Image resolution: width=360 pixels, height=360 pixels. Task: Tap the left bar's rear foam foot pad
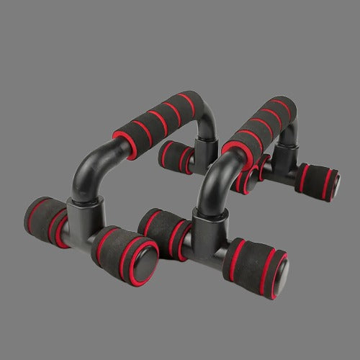175,157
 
